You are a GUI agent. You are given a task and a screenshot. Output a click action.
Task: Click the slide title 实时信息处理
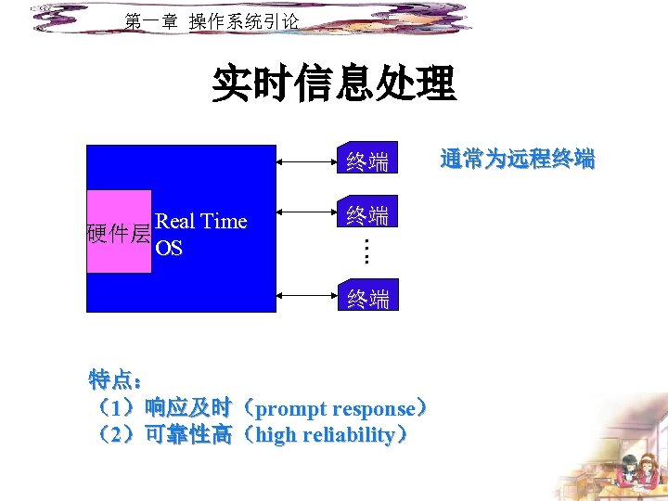tap(333, 83)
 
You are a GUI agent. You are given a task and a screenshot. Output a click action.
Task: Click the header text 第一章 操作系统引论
tap(212, 21)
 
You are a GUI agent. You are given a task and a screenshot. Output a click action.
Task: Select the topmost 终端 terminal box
tap(366, 161)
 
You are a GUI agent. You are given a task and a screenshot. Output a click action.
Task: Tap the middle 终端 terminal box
tap(366, 215)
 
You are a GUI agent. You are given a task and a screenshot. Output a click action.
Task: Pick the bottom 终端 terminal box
tap(367, 297)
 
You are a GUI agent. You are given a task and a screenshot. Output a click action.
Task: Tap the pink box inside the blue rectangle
tap(119, 232)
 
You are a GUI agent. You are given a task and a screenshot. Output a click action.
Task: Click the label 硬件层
tap(118, 234)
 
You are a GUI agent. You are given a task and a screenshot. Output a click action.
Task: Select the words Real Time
tap(201, 221)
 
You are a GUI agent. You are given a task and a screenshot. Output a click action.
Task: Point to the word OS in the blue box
tap(169, 249)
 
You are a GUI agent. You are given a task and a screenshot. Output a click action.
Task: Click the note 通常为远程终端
tap(517, 160)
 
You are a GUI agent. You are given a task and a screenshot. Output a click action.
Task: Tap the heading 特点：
tap(116, 379)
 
